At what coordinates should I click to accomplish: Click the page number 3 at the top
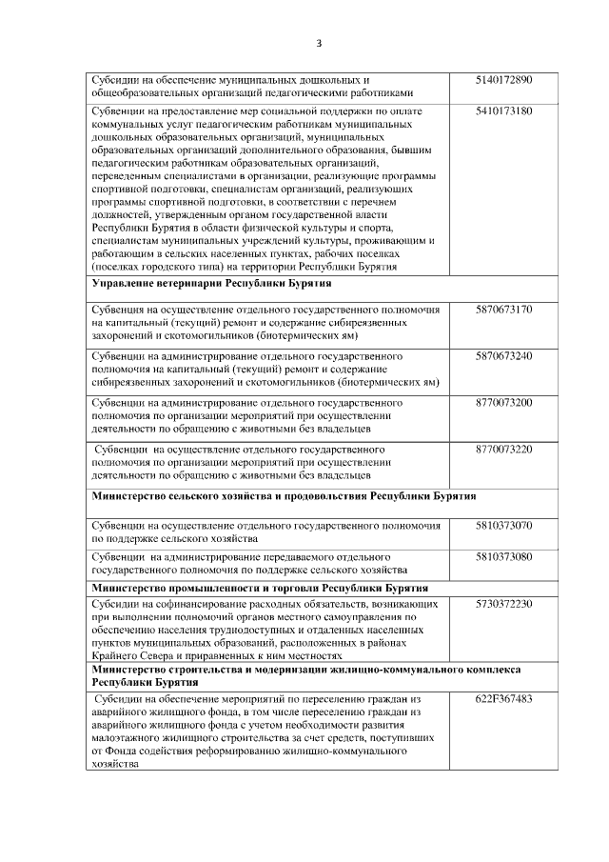pyautogui.click(x=319, y=43)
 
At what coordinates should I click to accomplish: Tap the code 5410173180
pyautogui.click(x=502, y=111)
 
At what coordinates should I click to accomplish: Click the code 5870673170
pyautogui.click(x=502, y=310)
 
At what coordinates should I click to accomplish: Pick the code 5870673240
pyautogui.click(x=502, y=355)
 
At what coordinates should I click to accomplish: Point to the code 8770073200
pyautogui.click(x=502, y=403)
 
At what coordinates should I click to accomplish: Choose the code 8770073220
pyautogui.click(x=502, y=449)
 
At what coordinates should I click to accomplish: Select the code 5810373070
pyautogui.click(x=502, y=525)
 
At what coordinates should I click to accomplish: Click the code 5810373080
pyautogui.click(x=502, y=555)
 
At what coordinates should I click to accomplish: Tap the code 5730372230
pyautogui.click(x=502, y=603)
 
